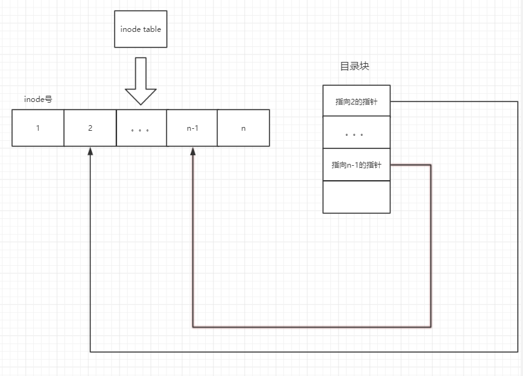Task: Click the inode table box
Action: pyautogui.click(x=141, y=29)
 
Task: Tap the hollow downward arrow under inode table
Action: pyautogui.click(x=141, y=81)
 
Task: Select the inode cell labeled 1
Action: pyautogui.click(x=38, y=128)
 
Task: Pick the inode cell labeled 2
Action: pyautogui.click(x=90, y=128)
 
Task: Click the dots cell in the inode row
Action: pyautogui.click(x=141, y=128)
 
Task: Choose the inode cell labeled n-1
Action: pyautogui.click(x=192, y=128)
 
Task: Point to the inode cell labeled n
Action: pyautogui.click(x=243, y=128)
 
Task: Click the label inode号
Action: pyautogui.click(x=38, y=99)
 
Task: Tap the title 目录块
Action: pyautogui.click(x=355, y=66)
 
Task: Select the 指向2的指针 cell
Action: pyautogui.click(x=356, y=101)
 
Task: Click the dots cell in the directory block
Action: pyautogui.click(x=356, y=133)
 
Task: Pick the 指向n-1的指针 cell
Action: pyautogui.click(x=356, y=165)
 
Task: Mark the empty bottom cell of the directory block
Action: pyautogui.click(x=356, y=197)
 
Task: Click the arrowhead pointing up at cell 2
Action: pyautogui.click(x=90, y=151)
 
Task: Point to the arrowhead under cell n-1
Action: pyautogui.click(x=192, y=151)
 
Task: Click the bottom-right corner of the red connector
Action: pyautogui.click(x=431, y=327)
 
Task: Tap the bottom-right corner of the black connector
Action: pyautogui.click(x=518, y=352)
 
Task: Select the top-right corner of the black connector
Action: pyautogui.click(x=518, y=101)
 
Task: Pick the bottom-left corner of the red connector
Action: pyautogui.click(x=192, y=327)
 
